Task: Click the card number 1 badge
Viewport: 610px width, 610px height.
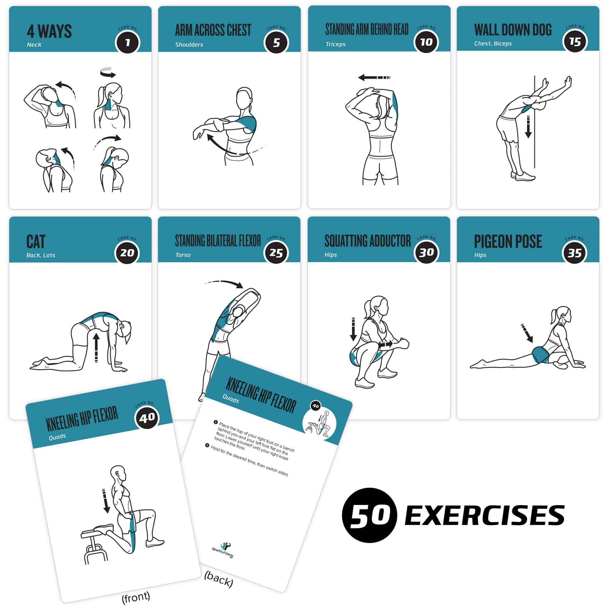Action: [127, 43]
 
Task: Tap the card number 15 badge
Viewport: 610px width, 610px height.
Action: [575, 42]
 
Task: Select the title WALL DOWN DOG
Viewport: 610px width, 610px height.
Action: [513, 30]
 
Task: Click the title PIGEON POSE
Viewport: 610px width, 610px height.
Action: [508, 242]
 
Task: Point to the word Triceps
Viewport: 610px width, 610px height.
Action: [335, 44]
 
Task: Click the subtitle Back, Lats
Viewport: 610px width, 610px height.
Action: [41, 255]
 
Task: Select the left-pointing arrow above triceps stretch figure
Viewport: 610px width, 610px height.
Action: [374, 77]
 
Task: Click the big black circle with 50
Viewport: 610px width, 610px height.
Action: [369, 515]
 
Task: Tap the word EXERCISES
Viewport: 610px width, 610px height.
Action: [484, 515]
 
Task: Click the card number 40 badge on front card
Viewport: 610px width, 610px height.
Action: [147, 418]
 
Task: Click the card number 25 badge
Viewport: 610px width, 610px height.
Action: [276, 253]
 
